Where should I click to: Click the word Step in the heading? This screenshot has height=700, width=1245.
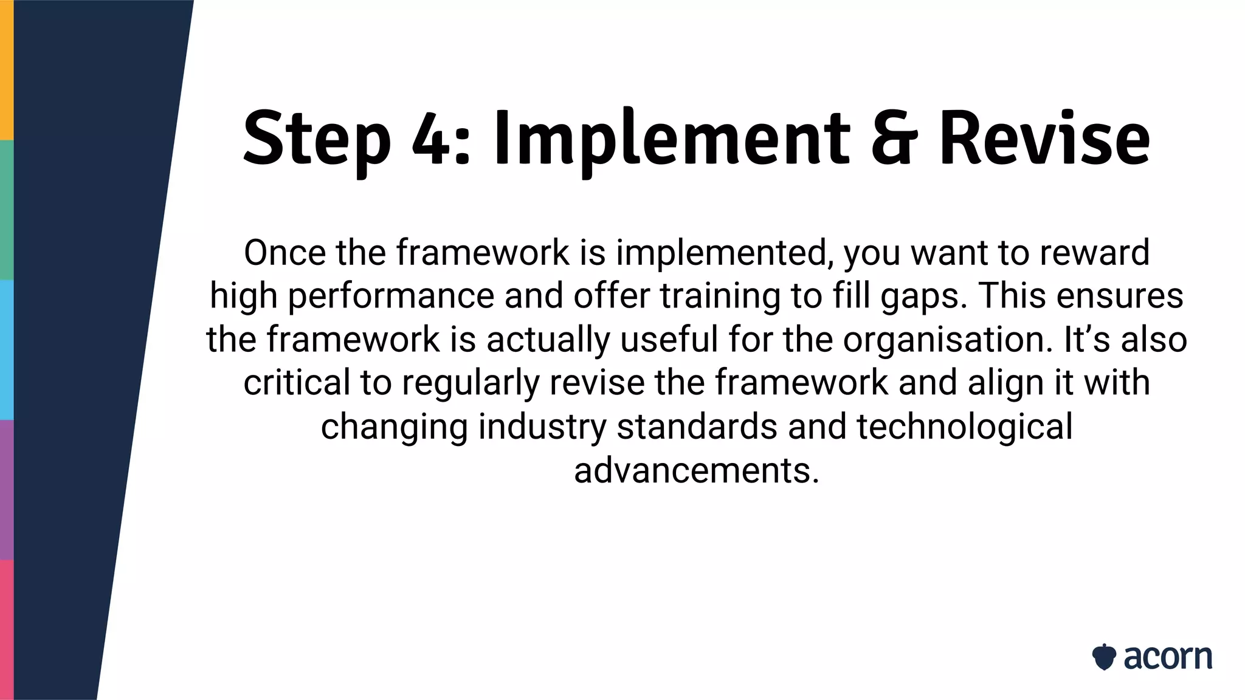(316, 140)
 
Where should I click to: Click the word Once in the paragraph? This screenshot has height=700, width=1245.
(284, 253)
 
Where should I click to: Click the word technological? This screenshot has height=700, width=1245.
(964, 427)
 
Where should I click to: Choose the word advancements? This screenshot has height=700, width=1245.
(697, 470)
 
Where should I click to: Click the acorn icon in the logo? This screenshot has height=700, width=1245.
(1103, 657)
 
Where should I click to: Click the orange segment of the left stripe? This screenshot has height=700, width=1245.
(6, 70)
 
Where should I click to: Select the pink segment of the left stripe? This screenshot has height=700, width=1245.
(6, 630)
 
